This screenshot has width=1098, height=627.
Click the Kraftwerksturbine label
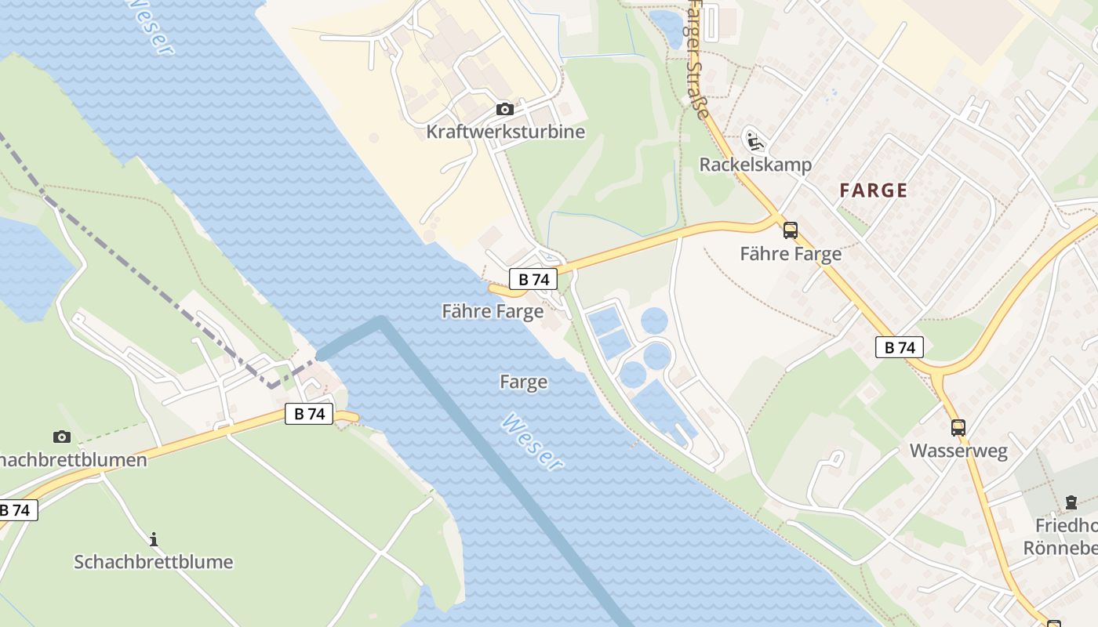505,131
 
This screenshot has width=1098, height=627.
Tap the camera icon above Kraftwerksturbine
505,109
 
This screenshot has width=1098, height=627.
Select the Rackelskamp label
755,165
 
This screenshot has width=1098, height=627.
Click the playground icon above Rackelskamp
754,141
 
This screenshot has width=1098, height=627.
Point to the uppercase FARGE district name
874,190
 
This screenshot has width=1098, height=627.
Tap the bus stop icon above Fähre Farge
791,230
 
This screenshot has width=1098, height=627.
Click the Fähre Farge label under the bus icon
791,253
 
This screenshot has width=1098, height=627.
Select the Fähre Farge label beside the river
493,311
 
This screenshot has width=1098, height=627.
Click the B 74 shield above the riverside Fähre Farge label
533,279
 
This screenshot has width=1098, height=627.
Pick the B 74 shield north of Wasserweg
900,347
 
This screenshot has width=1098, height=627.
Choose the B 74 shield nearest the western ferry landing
309,414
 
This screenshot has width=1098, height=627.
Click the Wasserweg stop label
958,451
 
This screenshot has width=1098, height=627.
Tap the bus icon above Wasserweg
958,428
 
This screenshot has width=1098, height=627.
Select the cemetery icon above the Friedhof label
1071,502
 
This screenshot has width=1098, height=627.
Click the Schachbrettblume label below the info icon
154,562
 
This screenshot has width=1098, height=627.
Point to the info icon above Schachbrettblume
154,539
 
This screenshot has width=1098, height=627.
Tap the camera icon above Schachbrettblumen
61,437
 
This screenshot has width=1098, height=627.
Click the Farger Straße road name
696,59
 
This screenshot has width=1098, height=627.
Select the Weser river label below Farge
532,443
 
